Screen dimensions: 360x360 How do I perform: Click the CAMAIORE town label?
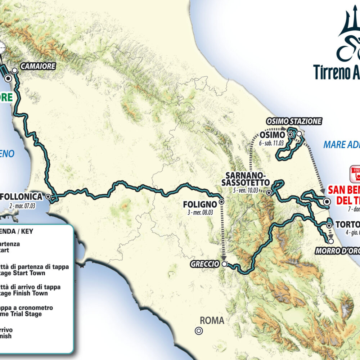(38, 66)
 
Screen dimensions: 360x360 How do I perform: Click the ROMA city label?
(212, 320)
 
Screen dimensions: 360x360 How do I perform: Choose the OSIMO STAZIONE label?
(294, 121)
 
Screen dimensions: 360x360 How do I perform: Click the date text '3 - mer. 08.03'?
(201, 212)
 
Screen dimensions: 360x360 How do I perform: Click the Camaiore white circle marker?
(15, 71)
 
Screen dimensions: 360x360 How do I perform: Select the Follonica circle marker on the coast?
(48, 197)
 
